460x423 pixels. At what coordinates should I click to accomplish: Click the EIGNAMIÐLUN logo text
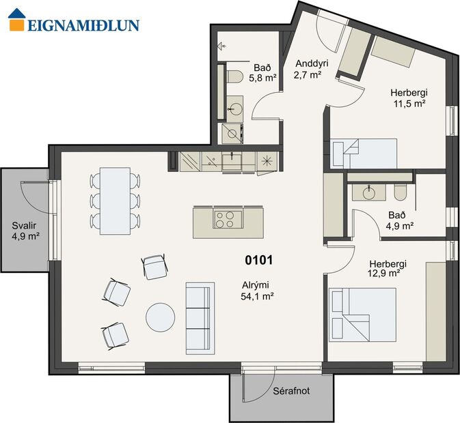[x=83, y=25]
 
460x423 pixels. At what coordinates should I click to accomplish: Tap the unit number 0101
[x=259, y=260]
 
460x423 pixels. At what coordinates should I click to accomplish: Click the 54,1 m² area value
[x=257, y=296]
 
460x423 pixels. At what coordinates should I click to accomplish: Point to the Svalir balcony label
[x=25, y=226]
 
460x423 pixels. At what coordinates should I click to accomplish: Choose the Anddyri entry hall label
[x=312, y=63]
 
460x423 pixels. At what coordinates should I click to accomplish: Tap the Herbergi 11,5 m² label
[x=408, y=98]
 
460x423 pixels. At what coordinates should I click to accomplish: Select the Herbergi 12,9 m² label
[x=388, y=268]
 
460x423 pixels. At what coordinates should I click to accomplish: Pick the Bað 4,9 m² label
[x=399, y=220]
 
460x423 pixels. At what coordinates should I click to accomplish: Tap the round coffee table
[x=161, y=317]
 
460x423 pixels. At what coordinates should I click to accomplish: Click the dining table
[x=114, y=201]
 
